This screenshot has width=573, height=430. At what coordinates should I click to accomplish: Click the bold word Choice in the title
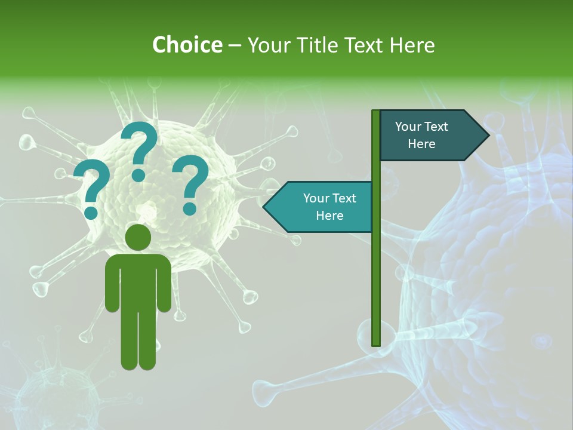point(187,45)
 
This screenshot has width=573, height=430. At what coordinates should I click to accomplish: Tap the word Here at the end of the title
point(412,45)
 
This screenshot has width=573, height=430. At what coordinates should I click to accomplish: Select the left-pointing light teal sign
point(322,207)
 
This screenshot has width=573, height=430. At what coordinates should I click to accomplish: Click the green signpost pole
point(376,269)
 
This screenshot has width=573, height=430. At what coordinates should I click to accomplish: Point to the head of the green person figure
point(138,237)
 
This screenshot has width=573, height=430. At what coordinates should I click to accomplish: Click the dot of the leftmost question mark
point(91,212)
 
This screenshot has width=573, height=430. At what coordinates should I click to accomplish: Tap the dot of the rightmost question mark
point(190,208)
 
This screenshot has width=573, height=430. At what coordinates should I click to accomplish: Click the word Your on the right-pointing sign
point(408,127)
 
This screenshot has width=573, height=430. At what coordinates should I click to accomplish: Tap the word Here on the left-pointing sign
point(329,216)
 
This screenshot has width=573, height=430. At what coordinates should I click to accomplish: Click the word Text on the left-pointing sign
point(344,198)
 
